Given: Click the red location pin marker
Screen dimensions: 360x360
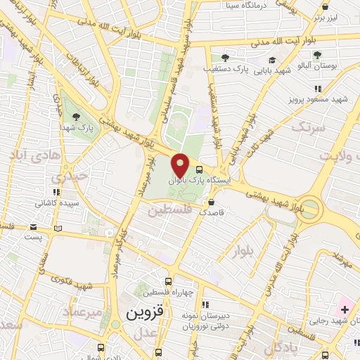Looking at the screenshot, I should (180, 165).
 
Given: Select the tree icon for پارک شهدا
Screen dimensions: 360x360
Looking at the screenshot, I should (76, 117).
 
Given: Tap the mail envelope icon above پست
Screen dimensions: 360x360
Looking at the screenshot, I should (34, 227).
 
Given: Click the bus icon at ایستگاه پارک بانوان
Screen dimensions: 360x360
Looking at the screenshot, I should (200, 169).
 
